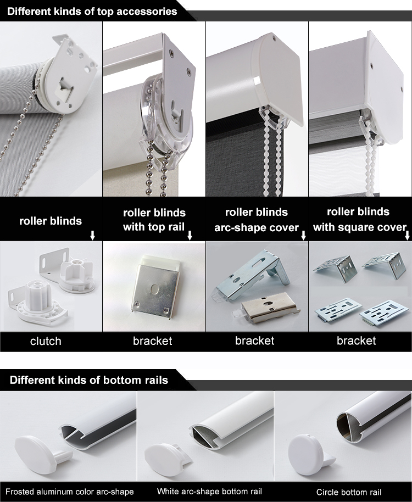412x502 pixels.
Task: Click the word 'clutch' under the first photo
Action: tap(46, 341)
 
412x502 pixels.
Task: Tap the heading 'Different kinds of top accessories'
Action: tap(92, 11)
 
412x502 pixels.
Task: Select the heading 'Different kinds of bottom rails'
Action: tap(88, 380)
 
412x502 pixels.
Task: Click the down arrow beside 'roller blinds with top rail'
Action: tap(190, 235)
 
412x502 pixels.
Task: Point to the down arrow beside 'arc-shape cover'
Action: tap(303, 235)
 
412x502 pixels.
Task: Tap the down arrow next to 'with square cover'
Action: tap(407, 235)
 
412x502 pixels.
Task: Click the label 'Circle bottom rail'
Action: tap(349, 492)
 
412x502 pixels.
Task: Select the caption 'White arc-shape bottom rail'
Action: tap(209, 492)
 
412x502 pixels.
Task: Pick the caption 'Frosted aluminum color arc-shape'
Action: tap(69, 492)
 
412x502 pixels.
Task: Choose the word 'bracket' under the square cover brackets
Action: tap(356, 341)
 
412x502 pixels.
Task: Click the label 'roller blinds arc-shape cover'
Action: tap(257, 220)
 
